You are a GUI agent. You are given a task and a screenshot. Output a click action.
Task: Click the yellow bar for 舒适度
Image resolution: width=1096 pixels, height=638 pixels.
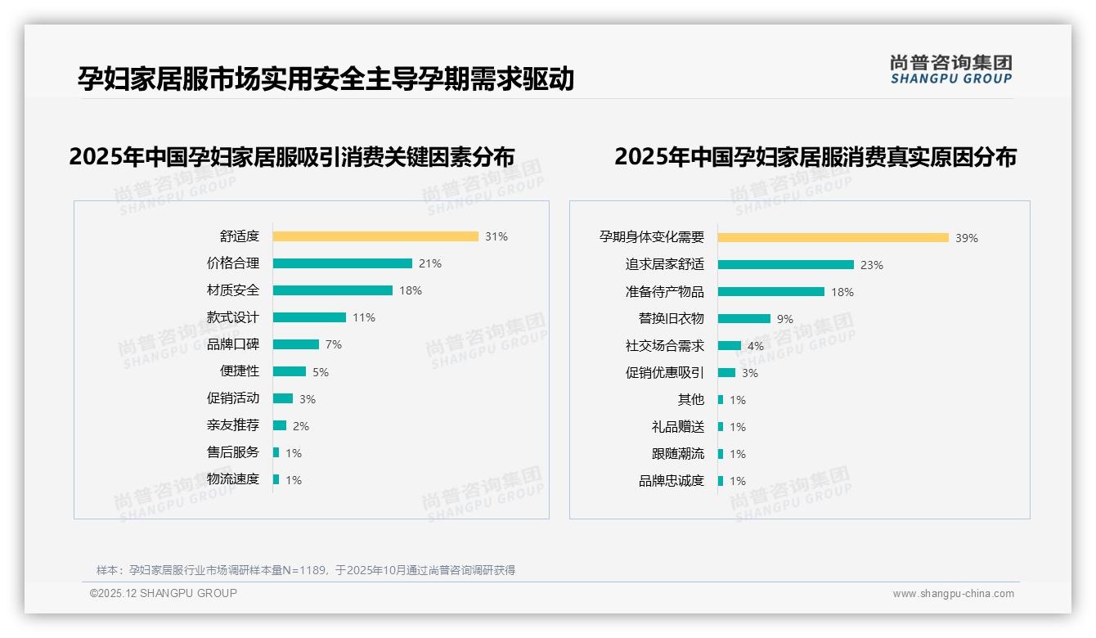(375, 236)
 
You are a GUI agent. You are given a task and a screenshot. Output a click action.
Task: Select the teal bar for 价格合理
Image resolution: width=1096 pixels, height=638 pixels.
(342, 263)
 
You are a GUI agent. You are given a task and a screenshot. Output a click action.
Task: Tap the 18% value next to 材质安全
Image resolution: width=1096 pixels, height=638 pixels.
(411, 290)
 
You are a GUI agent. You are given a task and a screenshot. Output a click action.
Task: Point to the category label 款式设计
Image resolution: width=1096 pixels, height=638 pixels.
(233, 317)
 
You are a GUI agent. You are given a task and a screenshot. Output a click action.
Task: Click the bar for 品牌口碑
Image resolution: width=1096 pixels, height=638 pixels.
(295, 344)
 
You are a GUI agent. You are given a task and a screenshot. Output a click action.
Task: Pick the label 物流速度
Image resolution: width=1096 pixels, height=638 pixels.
(233, 479)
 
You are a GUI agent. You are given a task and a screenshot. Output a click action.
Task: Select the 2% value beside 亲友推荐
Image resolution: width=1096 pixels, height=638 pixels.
(301, 426)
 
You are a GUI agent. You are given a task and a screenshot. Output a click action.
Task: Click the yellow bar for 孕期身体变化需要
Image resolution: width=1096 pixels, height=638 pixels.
(833, 238)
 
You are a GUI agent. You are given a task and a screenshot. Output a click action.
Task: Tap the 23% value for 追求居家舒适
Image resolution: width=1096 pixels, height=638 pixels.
(872, 265)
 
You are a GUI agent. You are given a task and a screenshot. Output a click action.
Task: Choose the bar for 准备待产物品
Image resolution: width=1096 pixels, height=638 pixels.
(770, 292)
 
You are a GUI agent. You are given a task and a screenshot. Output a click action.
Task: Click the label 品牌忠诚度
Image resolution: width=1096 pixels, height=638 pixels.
(672, 481)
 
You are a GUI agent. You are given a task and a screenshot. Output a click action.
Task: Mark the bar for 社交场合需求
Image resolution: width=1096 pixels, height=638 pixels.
(730, 346)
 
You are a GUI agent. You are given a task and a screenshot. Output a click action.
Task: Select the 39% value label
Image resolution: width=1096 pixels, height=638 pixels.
(967, 238)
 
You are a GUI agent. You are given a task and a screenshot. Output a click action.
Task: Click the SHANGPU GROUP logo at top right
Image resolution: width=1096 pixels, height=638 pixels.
(951, 70)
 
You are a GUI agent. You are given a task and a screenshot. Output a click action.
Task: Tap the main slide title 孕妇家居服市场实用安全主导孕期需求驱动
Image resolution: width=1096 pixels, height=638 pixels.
(326, 79)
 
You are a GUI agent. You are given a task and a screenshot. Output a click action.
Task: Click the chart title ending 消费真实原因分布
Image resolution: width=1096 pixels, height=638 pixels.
(815, 156)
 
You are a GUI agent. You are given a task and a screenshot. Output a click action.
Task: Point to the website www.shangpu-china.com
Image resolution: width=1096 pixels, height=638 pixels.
(953, 594)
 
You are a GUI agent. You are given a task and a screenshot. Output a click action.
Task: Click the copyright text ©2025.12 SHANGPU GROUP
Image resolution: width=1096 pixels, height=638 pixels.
(164, 593)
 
